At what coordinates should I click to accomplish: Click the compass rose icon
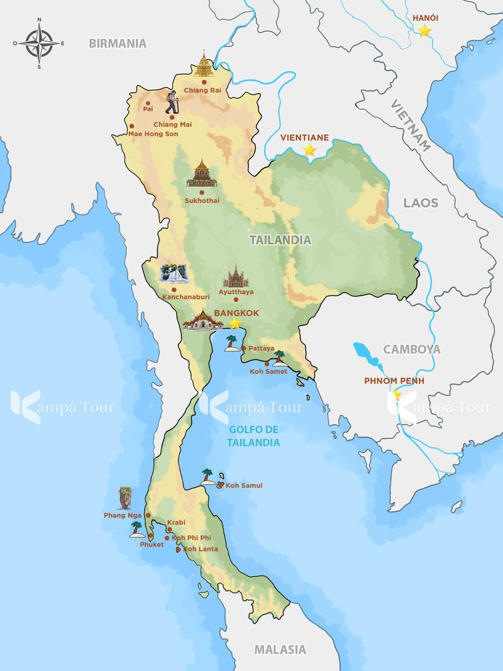tap(39, 43)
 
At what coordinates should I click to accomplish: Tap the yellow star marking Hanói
tap(425, 30)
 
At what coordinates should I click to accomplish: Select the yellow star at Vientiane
tap(309, 150)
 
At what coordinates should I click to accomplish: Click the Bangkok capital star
tap(235, 323)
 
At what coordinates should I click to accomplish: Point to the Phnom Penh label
tap(394, 380)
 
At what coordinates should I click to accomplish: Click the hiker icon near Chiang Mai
tap(172, 102)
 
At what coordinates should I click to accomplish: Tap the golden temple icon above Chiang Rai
tap(204, 65)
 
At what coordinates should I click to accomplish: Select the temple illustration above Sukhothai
tap(202, 174)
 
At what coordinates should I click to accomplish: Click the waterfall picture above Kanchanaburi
tap(173, 274)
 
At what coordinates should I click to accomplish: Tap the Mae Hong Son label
tap(153, 134)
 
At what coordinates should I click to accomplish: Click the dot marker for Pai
tap(147, 103)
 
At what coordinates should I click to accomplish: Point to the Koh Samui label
tap(244, 485)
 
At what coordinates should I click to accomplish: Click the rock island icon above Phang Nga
tap(126, 497)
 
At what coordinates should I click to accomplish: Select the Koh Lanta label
tap(201, 549)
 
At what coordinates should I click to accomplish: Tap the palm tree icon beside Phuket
tap(136, 530)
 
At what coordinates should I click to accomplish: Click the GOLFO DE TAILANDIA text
tap(254, 436)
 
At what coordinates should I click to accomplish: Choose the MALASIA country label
tap(280, 650)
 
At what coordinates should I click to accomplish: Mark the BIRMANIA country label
tap(118, 43)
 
